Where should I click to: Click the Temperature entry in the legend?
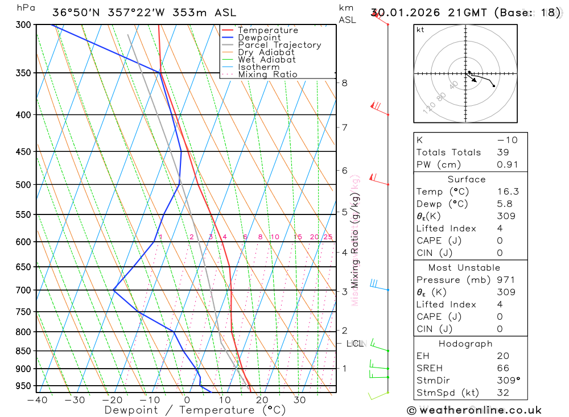[x=267, y=30]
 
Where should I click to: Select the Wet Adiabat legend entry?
[x=267, y=60]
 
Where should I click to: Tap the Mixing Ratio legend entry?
[x=267, y=75]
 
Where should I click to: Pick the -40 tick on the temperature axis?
[x=37, y=400]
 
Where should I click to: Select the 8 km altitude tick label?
[x=344, y=82]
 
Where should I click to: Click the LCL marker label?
[x=354, y=344]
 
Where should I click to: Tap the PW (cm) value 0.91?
[x=508, y=165]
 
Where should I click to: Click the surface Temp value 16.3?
[x=508, y=192]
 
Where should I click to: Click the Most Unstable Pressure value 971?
[x=505, y=280]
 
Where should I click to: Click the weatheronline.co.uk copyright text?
[x=474, y=410]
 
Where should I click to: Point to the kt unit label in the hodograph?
[x=420, y=30]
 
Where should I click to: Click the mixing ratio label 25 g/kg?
[x=328, y=237]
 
